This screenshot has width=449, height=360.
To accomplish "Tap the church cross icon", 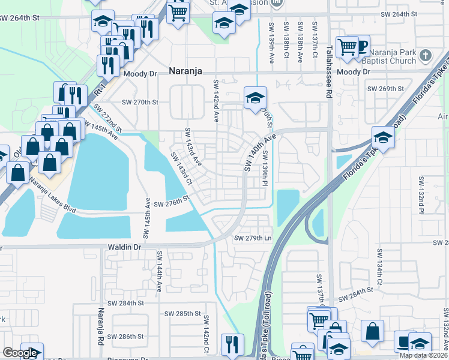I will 426,56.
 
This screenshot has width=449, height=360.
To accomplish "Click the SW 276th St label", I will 172,204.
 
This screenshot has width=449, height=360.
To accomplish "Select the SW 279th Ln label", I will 253,238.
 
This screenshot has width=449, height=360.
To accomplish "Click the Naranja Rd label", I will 100,327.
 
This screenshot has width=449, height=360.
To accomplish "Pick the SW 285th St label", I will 183,313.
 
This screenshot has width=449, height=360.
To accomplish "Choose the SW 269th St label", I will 385,89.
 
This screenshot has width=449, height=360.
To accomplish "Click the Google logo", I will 20,353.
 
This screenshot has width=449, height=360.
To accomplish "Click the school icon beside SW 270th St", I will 255,97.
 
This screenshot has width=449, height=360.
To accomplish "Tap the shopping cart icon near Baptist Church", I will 347,46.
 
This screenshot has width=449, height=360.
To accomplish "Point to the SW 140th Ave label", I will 259,152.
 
